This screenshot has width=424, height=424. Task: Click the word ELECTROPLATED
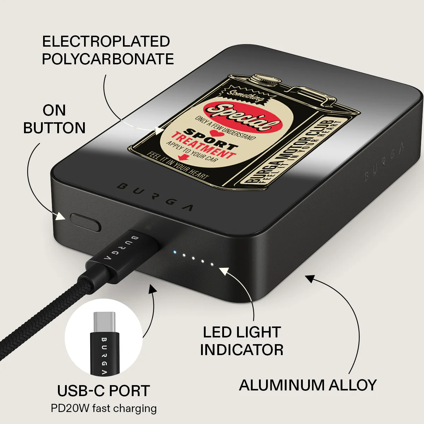click(x=106, y=41)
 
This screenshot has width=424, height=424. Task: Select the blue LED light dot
click(x=175, y=252)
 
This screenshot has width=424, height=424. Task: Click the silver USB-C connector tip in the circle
click(x=104, y=322)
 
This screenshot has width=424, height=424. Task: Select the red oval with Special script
click(x=243, y=117)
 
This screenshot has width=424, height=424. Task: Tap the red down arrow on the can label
click(x=183, y=157)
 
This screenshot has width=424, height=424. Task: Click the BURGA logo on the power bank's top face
click(x=155, y=198)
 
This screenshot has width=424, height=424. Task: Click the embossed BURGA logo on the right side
click(x=384, y=163)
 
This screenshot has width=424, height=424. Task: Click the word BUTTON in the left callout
click(x=54, y=128)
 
